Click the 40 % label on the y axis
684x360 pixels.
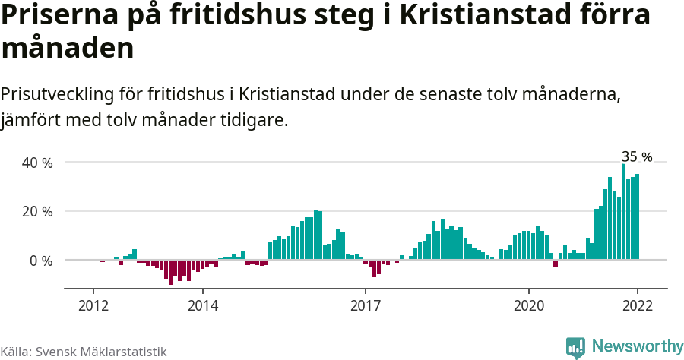(x=37, y=163)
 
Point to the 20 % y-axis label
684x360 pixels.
(x=37, y=211)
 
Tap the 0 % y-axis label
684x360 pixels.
(x=41, y=261)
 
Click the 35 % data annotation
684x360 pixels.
(x=637, y=157)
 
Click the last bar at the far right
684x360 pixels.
(x=637, y=216)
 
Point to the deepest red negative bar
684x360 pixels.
(x=171, y=272)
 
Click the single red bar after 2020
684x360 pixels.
(x=556, y=264)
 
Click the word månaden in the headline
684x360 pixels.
(x=68, y=49)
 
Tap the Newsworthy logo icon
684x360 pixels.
(x=575, y=347)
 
